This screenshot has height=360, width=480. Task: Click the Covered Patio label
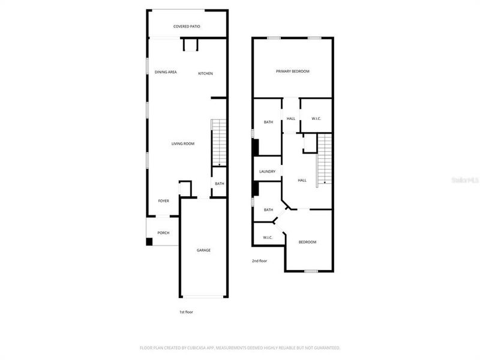click(187, 26)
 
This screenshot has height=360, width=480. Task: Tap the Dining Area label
click(166, 72)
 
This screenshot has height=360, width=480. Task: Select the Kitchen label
click(205, 73)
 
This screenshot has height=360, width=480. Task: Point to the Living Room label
click(183, 143)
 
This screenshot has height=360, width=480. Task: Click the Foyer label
click(163, 201)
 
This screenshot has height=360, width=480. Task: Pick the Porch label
click(163, 233)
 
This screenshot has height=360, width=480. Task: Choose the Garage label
click(203, 250)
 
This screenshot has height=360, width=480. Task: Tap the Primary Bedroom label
click(292, 71)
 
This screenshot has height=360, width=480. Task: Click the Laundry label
click(267, 172)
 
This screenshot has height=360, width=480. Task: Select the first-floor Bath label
click(220, 184)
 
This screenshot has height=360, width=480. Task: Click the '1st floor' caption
click(186, 312)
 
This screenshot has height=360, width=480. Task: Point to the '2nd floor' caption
click(259, 261)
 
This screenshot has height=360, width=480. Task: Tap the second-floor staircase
click(325, 159)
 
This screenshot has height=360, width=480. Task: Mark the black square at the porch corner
click(149, 242)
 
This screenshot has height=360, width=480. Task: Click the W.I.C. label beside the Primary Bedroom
click(316, 118)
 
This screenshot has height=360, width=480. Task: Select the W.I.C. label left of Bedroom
click(268, 238)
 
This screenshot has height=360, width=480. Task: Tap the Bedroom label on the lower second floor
click(307, 242)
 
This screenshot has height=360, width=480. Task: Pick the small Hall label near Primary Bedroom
click(290, 118)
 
